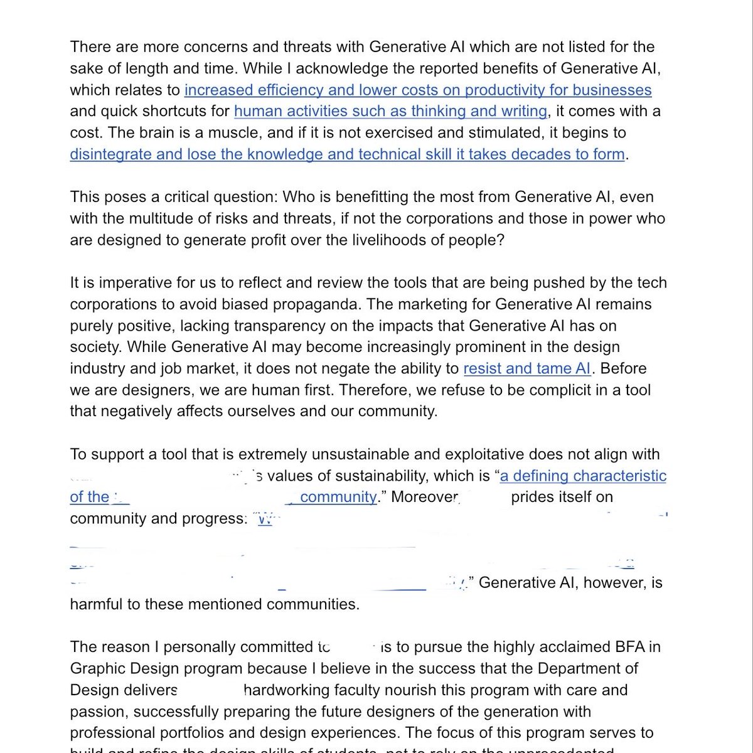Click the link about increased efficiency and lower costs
click(x=417, y=90)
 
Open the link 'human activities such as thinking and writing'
click(x=390, y=111)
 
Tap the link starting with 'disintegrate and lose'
click(x=347, y=154)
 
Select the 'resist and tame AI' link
click(x=528, y=368)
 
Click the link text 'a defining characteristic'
click(x=583, y=476)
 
